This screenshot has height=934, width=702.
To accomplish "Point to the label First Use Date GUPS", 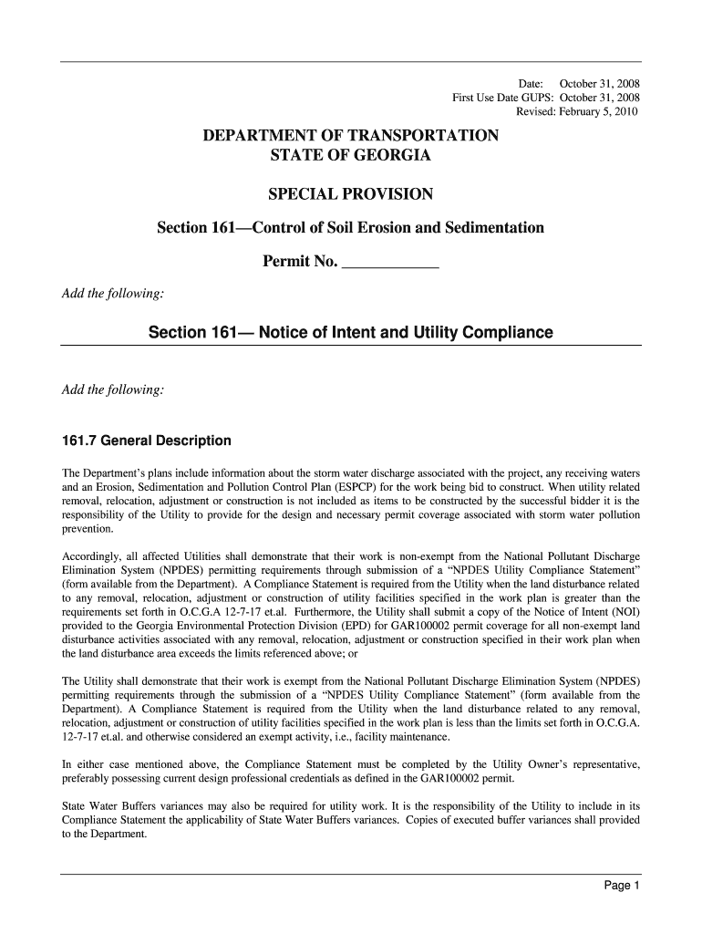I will pos(503,98).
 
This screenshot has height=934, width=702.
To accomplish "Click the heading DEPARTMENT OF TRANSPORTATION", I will pos(350,136).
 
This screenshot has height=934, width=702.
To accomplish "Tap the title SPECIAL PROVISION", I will pos(350,194).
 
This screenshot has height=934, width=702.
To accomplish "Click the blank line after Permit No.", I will pos(389,264).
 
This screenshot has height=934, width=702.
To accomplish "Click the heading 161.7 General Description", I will pos(146,441).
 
